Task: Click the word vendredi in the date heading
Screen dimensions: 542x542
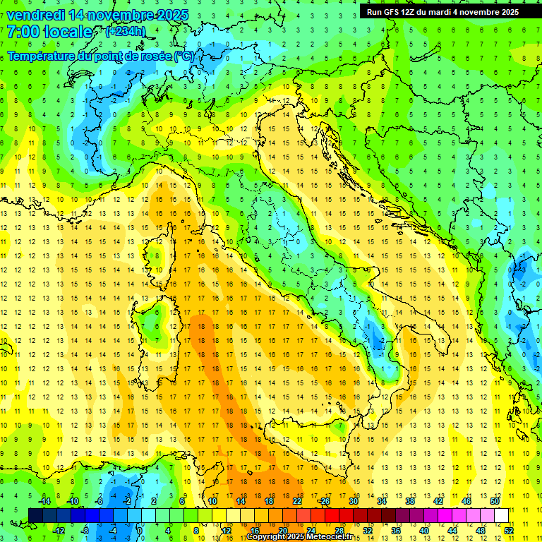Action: pos(37,15)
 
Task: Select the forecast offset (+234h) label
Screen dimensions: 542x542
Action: pos(126,31)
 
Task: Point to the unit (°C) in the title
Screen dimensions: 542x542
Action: pos(184,56)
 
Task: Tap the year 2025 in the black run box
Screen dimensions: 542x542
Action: pos(507,12)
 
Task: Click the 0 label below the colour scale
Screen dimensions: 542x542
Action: pos(140,530)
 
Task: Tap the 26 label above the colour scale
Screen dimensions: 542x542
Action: pos(325,501)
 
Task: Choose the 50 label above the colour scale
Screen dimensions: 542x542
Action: pos(495,501)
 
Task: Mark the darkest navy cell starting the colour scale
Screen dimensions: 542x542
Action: pos(36,515)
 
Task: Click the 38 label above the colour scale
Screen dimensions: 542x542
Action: pos(410,501)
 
